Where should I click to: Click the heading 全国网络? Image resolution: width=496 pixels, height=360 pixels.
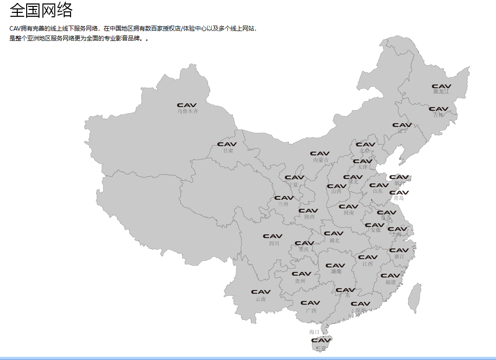(41, 10)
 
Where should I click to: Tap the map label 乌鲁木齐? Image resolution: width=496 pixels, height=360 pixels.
(188, 111)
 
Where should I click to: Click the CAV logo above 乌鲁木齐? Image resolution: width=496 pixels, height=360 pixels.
(187, 105)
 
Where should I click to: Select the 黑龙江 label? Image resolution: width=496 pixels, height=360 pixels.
(441, 92)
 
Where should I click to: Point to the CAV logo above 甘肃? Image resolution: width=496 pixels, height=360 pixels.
(227, 144)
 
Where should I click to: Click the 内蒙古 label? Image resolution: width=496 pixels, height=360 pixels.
(320, 160)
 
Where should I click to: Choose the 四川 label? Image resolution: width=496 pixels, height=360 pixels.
(274, 243)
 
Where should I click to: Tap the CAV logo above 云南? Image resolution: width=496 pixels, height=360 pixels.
(261, 292)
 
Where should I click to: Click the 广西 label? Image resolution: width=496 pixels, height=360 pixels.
(311, 311)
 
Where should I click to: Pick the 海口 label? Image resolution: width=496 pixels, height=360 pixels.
(314, 332)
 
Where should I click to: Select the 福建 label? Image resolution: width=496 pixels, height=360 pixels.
(390, 282)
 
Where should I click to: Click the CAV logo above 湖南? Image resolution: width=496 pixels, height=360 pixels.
(336, 265)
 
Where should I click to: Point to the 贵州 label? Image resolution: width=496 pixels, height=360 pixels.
(300, 281)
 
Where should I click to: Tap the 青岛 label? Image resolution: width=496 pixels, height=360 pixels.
(399, 198)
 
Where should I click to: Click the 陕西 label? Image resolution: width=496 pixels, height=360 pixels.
(309, 217)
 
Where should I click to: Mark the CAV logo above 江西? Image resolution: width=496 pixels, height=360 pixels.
(368, 257)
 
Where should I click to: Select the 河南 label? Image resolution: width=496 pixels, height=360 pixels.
(348, 213)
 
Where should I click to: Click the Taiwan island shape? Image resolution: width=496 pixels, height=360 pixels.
(415, 298)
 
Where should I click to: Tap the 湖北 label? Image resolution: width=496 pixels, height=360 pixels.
(334, 241)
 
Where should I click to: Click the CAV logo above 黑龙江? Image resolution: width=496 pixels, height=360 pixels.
(441, 86)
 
